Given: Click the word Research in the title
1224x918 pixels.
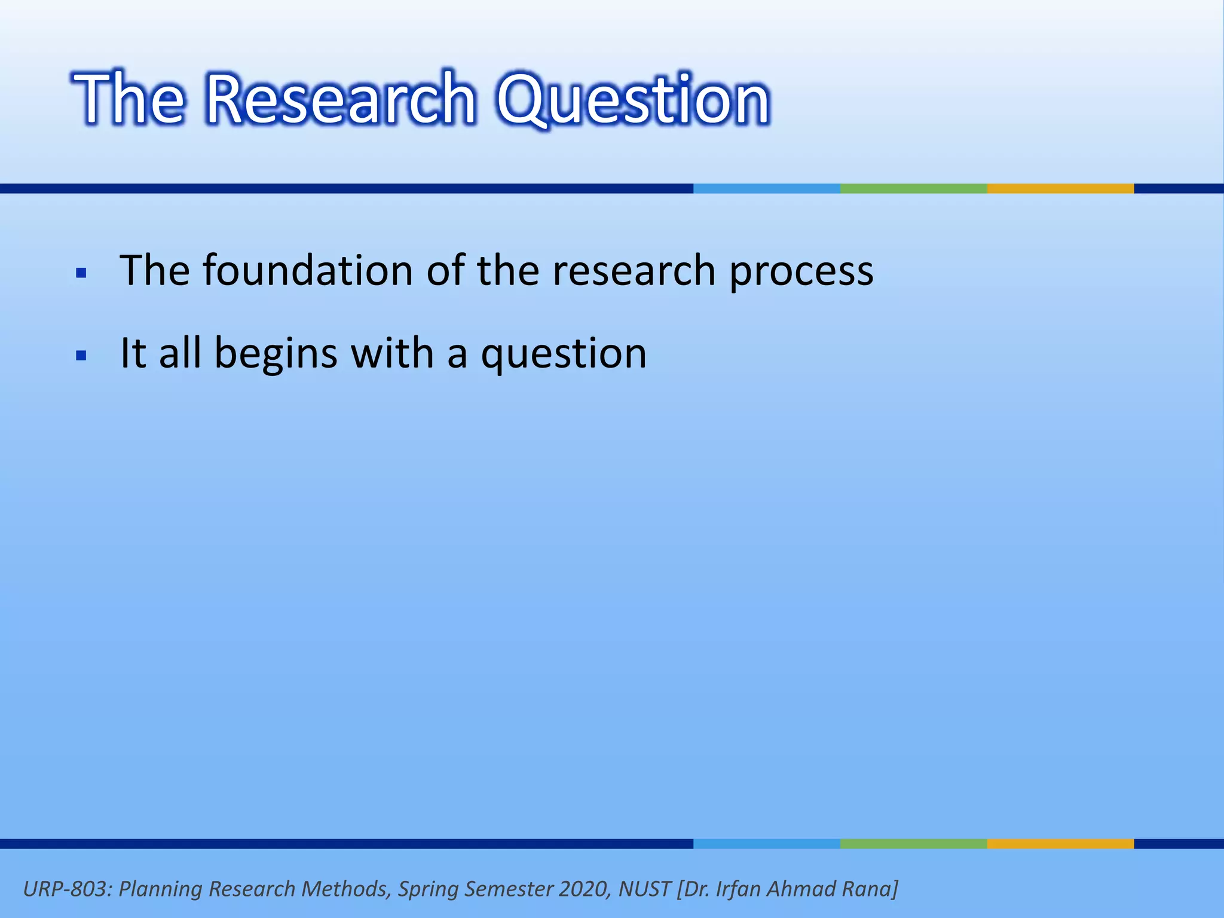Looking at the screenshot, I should [x=341, y=99].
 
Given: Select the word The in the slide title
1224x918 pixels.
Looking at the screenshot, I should [x=129, y=99].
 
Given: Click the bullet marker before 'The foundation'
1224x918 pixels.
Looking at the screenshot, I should [x=82, y=274].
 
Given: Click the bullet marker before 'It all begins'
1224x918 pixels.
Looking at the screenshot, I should [x=82, y=356].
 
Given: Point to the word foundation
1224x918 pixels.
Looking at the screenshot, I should [x=308, y=271].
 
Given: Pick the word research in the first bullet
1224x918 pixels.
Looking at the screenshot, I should [x=634, y=271].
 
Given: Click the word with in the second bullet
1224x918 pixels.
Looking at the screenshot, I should [x=392, y=353].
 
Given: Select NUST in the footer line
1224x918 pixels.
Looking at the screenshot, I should [x=644, y=889].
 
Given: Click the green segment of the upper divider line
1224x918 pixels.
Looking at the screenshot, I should [x=913, y=188].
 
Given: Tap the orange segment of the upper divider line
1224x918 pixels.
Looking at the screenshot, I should [x=1060, y=188].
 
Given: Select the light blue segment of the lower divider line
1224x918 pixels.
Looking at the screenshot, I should [x=766, y=844].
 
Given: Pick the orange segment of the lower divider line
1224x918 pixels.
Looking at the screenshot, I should [x=1060, y=844].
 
